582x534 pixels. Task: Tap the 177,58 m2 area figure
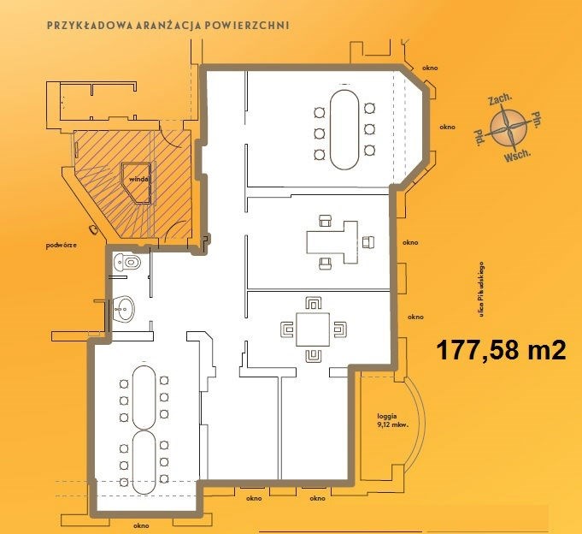501,350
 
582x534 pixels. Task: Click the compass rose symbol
509,128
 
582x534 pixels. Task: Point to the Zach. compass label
500,99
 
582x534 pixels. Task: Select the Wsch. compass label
517,156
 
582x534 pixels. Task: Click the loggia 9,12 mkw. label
392,421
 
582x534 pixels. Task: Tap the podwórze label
62,246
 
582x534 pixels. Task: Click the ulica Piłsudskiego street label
482,289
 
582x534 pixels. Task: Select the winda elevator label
138,179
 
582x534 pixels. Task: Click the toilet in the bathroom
127,262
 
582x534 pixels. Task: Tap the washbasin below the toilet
123,308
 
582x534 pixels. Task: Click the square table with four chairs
313,329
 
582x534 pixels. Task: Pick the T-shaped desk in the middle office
332,242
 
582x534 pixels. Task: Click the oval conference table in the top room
344,129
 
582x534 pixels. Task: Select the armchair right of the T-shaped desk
368,242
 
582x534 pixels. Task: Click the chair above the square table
314,303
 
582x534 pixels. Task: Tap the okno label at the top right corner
430,68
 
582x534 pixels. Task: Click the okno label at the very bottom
141,525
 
